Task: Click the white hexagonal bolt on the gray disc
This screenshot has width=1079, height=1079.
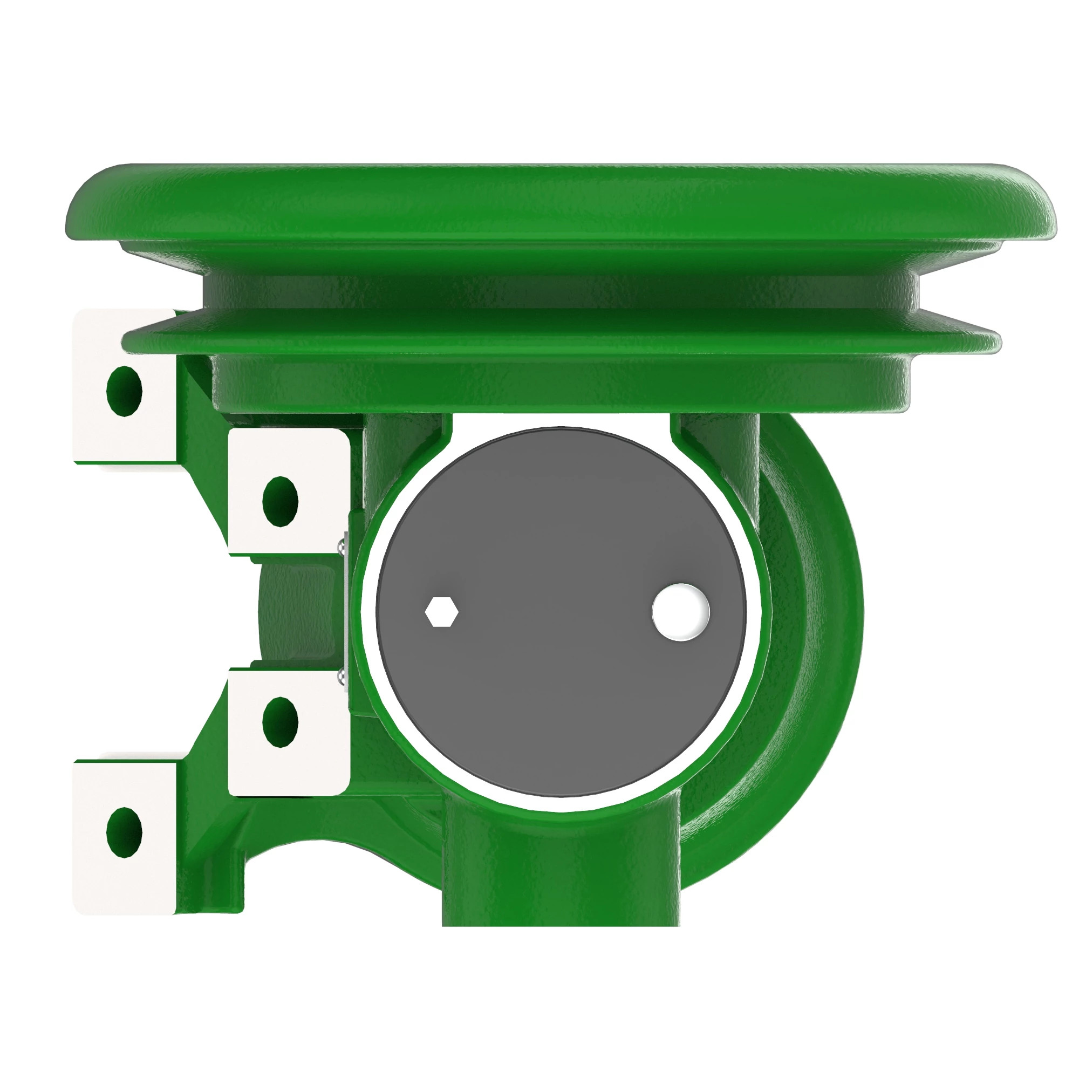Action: pyautogui.click(x=442, y=612)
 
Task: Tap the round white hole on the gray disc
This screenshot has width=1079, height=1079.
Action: pyautogui.click(x=681, y=612)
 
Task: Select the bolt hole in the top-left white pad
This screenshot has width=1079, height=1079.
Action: pyautogui.click(x=124, y=391)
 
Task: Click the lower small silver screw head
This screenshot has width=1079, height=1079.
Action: pyautogui.click(x=342, y=677)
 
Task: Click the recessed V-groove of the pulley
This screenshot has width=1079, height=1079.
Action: pyautogui.click(x=558, y=290)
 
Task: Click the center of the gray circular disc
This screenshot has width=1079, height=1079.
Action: pyautogui.click(x=561, y=612)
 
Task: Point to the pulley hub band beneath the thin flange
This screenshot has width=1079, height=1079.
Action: pyautogui.click(x=558, y=385)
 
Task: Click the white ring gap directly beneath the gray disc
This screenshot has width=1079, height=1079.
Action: pyautogui.click(x=561, y=804)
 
